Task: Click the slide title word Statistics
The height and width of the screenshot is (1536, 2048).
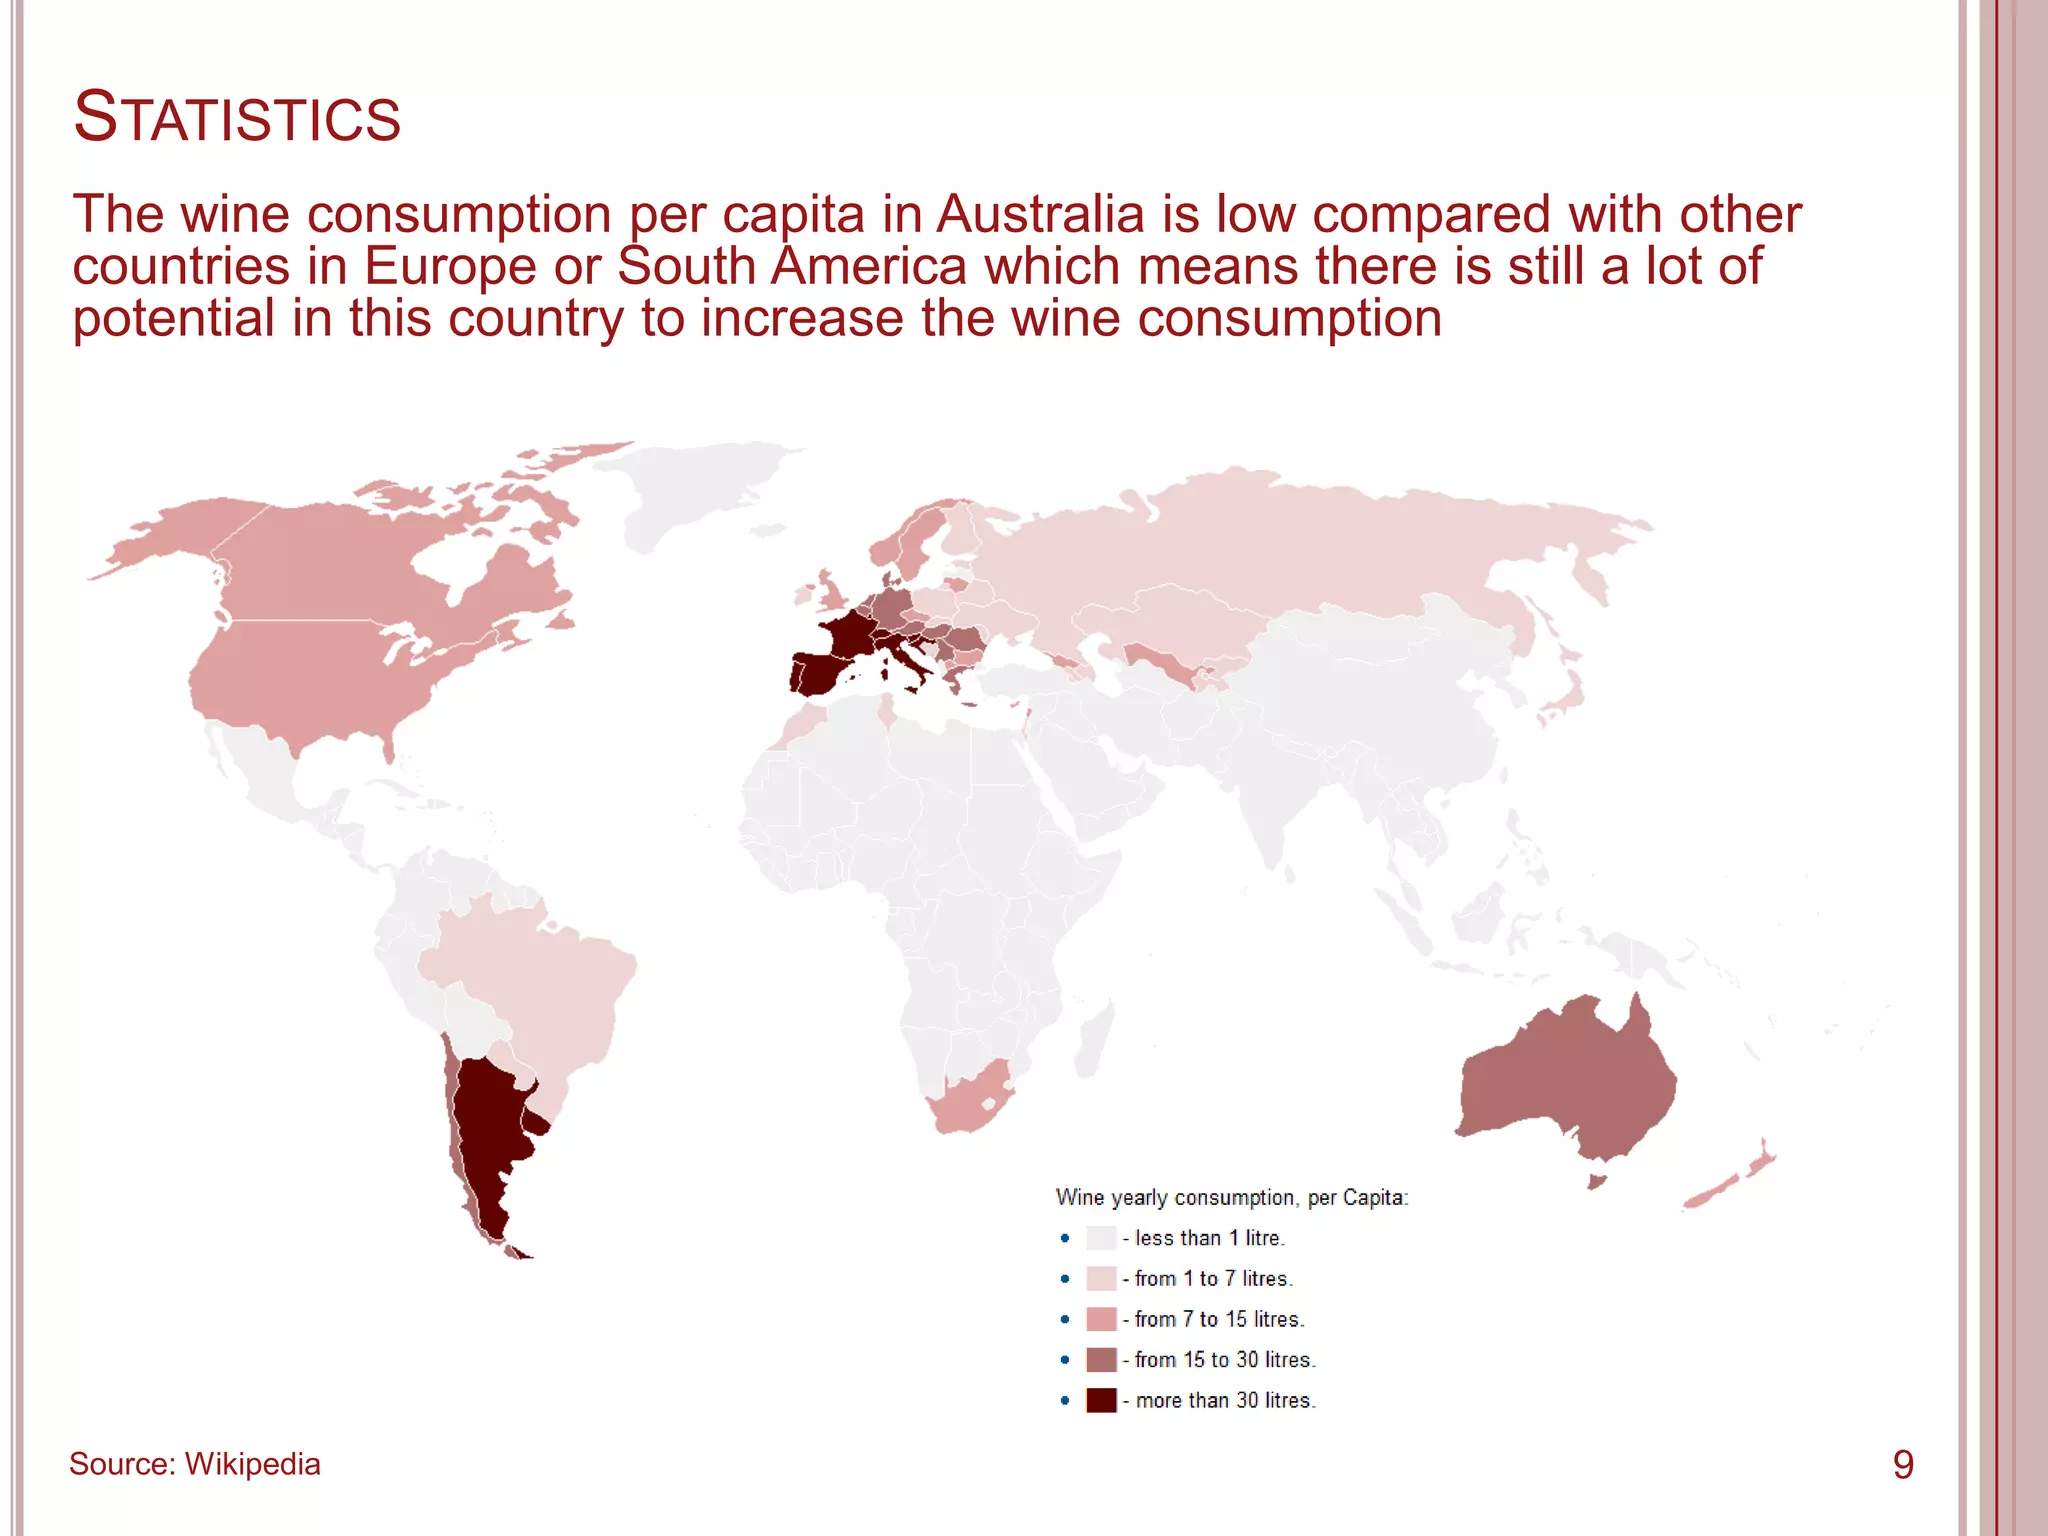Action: tap(237, 118)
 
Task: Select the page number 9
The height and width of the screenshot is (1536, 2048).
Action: tap(1903, 1465)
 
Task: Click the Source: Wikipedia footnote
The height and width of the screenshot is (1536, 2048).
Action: tap(195, 1464)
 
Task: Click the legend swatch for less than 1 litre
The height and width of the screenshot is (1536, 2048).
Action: tap(1100, 1238)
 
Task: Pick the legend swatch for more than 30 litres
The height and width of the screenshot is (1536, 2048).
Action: tap(1100, 1400)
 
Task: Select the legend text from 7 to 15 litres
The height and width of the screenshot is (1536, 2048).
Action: tap(1219, 1319)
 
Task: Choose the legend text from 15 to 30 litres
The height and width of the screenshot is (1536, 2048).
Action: tap(1225, 1360)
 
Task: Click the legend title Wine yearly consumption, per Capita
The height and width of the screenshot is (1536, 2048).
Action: tap(1231, 1197)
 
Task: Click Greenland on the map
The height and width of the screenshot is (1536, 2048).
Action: tap(690, 490)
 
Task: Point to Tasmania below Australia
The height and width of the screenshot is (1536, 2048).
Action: tap(1597, 1181)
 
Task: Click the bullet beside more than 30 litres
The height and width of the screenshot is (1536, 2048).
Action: tap(1065, 1401)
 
